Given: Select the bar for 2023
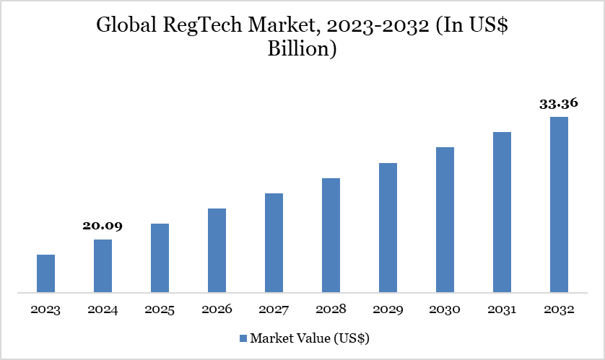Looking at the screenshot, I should (45, 274).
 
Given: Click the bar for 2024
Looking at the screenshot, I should (103, 266).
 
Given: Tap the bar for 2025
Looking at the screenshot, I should (160, 258).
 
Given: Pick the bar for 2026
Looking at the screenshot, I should (217, 251).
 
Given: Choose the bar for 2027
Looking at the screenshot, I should (274, 243).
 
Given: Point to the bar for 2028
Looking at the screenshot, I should (331, 235).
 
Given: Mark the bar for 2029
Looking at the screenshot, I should (388, 228).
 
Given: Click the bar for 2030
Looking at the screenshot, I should (445, 220).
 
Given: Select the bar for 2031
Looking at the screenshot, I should (502, 213).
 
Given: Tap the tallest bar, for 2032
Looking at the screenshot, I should (559, 205).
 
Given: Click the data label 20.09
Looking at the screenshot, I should (103, 226).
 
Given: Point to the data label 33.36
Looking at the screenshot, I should (559, 103).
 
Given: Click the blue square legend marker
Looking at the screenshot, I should (243, 338).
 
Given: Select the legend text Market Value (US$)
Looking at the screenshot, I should (310, 338).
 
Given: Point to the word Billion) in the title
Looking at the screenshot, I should (302, 51).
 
